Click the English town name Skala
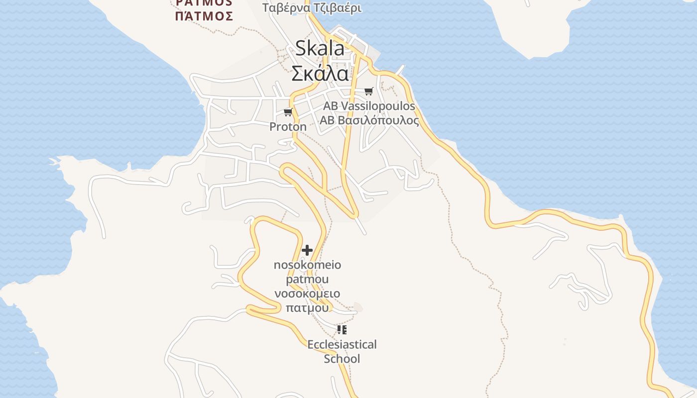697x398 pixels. [319, 48]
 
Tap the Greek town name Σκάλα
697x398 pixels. [319, 74]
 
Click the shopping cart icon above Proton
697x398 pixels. [288, 112]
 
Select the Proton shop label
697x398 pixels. [288, 127]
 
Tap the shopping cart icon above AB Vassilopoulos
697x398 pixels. [368, 91]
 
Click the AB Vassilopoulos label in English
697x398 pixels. [368, 106]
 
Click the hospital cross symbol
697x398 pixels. [307, 250]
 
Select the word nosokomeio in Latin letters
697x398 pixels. [307, 265]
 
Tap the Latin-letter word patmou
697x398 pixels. [307, 279]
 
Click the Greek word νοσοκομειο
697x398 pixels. [307, 294]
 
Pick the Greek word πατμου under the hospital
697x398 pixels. [307, 307]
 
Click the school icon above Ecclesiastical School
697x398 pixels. [342, 329]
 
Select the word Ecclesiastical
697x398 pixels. [342, 344]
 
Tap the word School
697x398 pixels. [342, 359]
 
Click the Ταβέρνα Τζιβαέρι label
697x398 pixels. [312, 8]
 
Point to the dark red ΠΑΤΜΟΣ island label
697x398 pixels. [204, 16]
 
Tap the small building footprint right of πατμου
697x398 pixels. [357, 307]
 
